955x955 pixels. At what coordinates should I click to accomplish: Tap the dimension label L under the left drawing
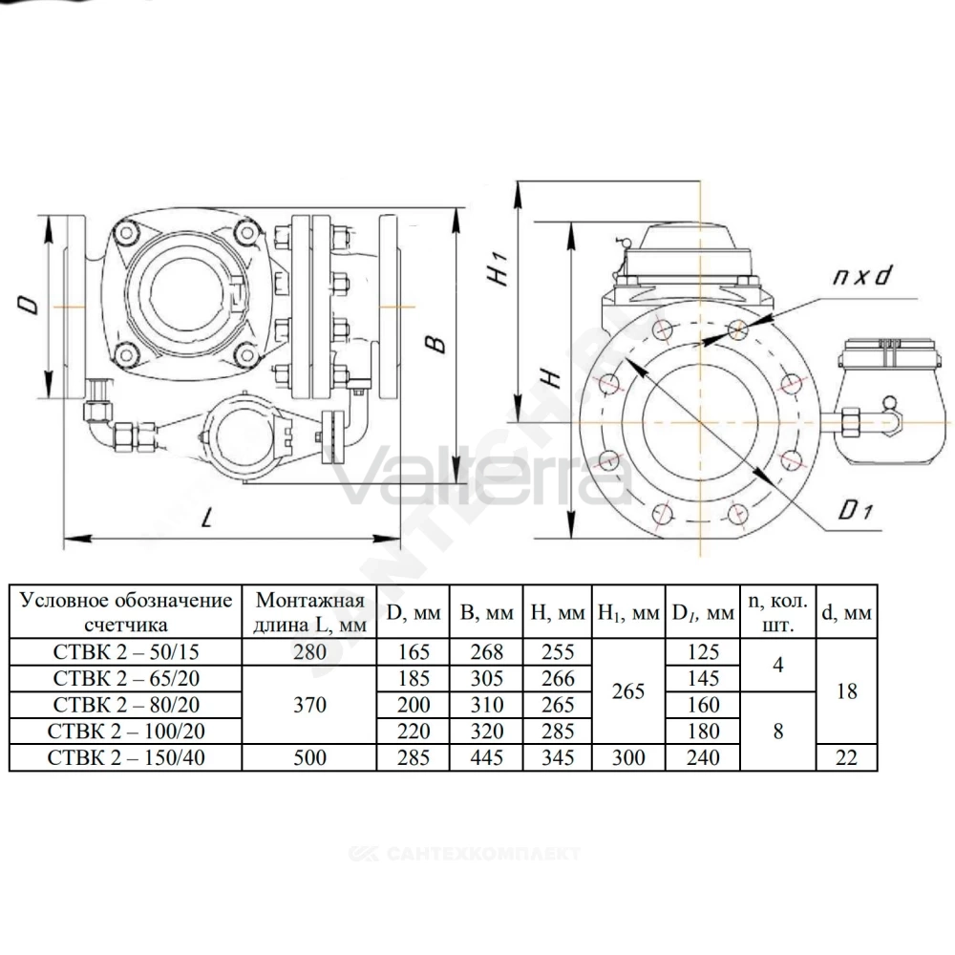pos(208,519)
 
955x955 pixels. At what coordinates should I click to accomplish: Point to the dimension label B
pos(436,344)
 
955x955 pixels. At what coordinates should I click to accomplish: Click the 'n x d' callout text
pos(861,276)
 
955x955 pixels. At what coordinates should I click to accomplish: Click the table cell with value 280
pos(309,652)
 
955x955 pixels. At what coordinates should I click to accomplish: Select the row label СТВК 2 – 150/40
pos(126,757)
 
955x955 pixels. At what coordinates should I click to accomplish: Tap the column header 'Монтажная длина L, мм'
pos(309,612)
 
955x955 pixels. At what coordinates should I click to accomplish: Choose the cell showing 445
pos(487,757)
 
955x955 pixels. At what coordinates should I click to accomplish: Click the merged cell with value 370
pos(309,705)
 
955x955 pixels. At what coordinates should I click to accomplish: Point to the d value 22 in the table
pos(846,757)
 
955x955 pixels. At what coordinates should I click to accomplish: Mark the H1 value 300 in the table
pos(628,757)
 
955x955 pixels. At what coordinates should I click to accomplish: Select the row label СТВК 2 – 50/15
pos(126,652)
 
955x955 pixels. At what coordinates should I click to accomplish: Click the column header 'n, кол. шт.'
pos(777,612)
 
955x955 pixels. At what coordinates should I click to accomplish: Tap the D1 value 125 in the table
pos(703,652)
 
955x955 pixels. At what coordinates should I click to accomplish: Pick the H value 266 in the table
pos(558,678)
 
